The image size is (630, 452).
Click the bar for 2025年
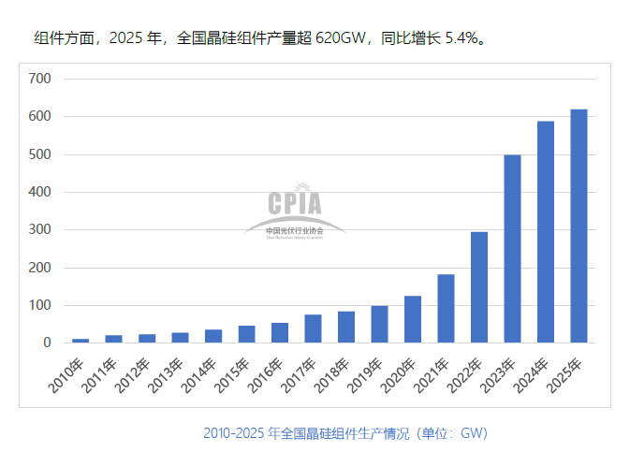click(x=579, y=226)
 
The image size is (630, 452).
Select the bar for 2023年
click(x=512, y=249)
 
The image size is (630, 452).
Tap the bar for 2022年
click(x=478, y=287)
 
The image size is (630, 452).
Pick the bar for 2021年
click(x=446, y=309)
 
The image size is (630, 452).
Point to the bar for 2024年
click(x=546, y=232)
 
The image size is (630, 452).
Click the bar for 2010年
click(x=81, y=341)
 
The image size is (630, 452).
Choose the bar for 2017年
click(x=313, y=328)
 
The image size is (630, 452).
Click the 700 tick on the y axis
click(x=39, y=79)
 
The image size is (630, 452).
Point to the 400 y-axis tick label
click(x=39, y=192)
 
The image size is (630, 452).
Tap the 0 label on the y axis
click(x=46, y=343)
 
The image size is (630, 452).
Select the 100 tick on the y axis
click(x=39, y=306)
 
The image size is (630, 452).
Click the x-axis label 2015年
click(x=235, y=372)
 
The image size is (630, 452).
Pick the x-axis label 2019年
click(x=368, y=372)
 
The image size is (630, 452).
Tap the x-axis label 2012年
click(x=135, y=372)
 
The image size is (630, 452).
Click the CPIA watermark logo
click(x=294, y=210)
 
